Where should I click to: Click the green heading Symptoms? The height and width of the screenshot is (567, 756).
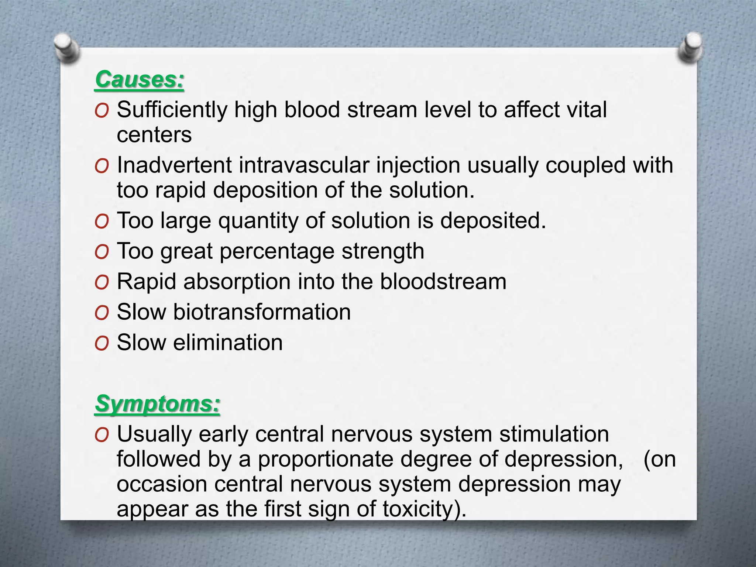pos(157,403)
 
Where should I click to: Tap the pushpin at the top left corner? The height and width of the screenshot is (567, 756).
pos(66,47)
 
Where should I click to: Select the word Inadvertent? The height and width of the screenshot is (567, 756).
pos(174,165)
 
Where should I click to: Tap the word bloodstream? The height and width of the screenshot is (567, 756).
pos(443,282)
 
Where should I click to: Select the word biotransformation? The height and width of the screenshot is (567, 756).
pos(262,312)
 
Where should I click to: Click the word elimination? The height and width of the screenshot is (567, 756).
pos(228,343)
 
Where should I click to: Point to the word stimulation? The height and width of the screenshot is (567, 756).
pos(554,434)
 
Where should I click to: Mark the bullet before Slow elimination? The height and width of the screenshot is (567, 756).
pos(102,344)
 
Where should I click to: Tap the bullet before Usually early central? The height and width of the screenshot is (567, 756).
pos(102,435)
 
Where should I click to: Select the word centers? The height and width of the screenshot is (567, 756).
pos(154,135)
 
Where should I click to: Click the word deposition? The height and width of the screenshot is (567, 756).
pos(265,190)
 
